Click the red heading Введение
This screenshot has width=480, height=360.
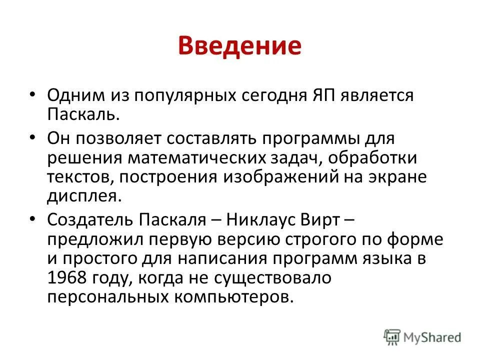pyautogui.click(x=239, y=45)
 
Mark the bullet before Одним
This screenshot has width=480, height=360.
pyautogui.click(x=33, y=93)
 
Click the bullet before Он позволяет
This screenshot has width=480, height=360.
pyautogui.click(x=33, y=136)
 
